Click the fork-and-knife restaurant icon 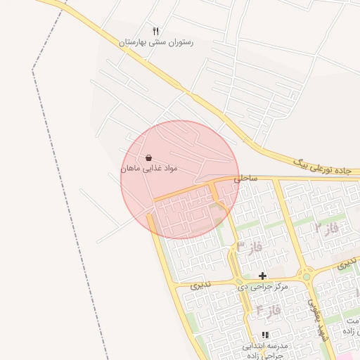(156, 32)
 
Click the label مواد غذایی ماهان (149, 169)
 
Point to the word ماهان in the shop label (133, 169)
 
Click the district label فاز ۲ (327, 229)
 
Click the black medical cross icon (263, 276)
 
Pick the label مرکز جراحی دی (263, 287)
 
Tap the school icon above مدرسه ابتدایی (265, 335)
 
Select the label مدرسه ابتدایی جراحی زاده (266, 351)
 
